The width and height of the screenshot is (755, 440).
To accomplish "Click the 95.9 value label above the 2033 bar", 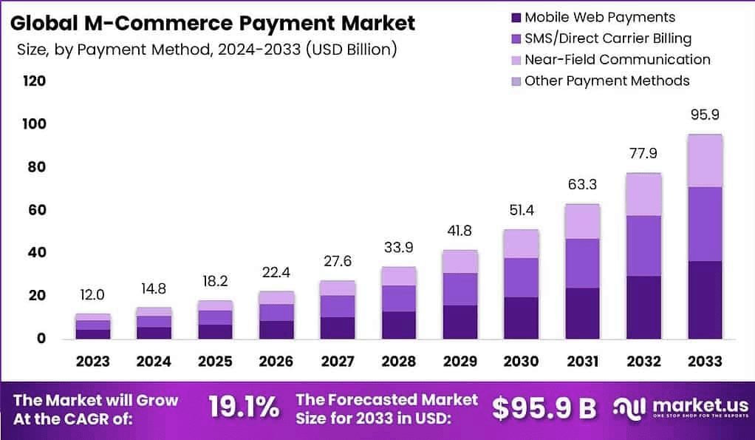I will (705, 115).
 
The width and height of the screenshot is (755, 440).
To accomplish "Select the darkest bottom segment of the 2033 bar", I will (705, 299).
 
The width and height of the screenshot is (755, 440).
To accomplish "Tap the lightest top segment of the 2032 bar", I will (644, 194).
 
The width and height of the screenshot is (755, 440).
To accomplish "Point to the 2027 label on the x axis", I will (337, 361).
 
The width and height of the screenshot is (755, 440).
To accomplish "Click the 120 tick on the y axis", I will (34, 81).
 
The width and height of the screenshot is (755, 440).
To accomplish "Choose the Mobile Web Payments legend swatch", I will (516, 17).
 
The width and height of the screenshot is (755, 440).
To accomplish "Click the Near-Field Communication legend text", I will (617, 60).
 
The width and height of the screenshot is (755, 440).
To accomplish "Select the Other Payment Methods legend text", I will (607, 81).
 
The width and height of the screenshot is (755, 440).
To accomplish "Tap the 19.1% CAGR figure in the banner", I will (244, 407).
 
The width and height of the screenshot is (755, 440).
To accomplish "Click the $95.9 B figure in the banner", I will (544, 407).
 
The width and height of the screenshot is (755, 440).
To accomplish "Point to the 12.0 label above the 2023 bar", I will (93, 294).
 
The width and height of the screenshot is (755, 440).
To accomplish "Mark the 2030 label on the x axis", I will (522, 361).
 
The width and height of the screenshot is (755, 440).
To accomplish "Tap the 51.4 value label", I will (522, 211).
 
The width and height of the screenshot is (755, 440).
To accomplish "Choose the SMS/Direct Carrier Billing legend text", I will (608, 38).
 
